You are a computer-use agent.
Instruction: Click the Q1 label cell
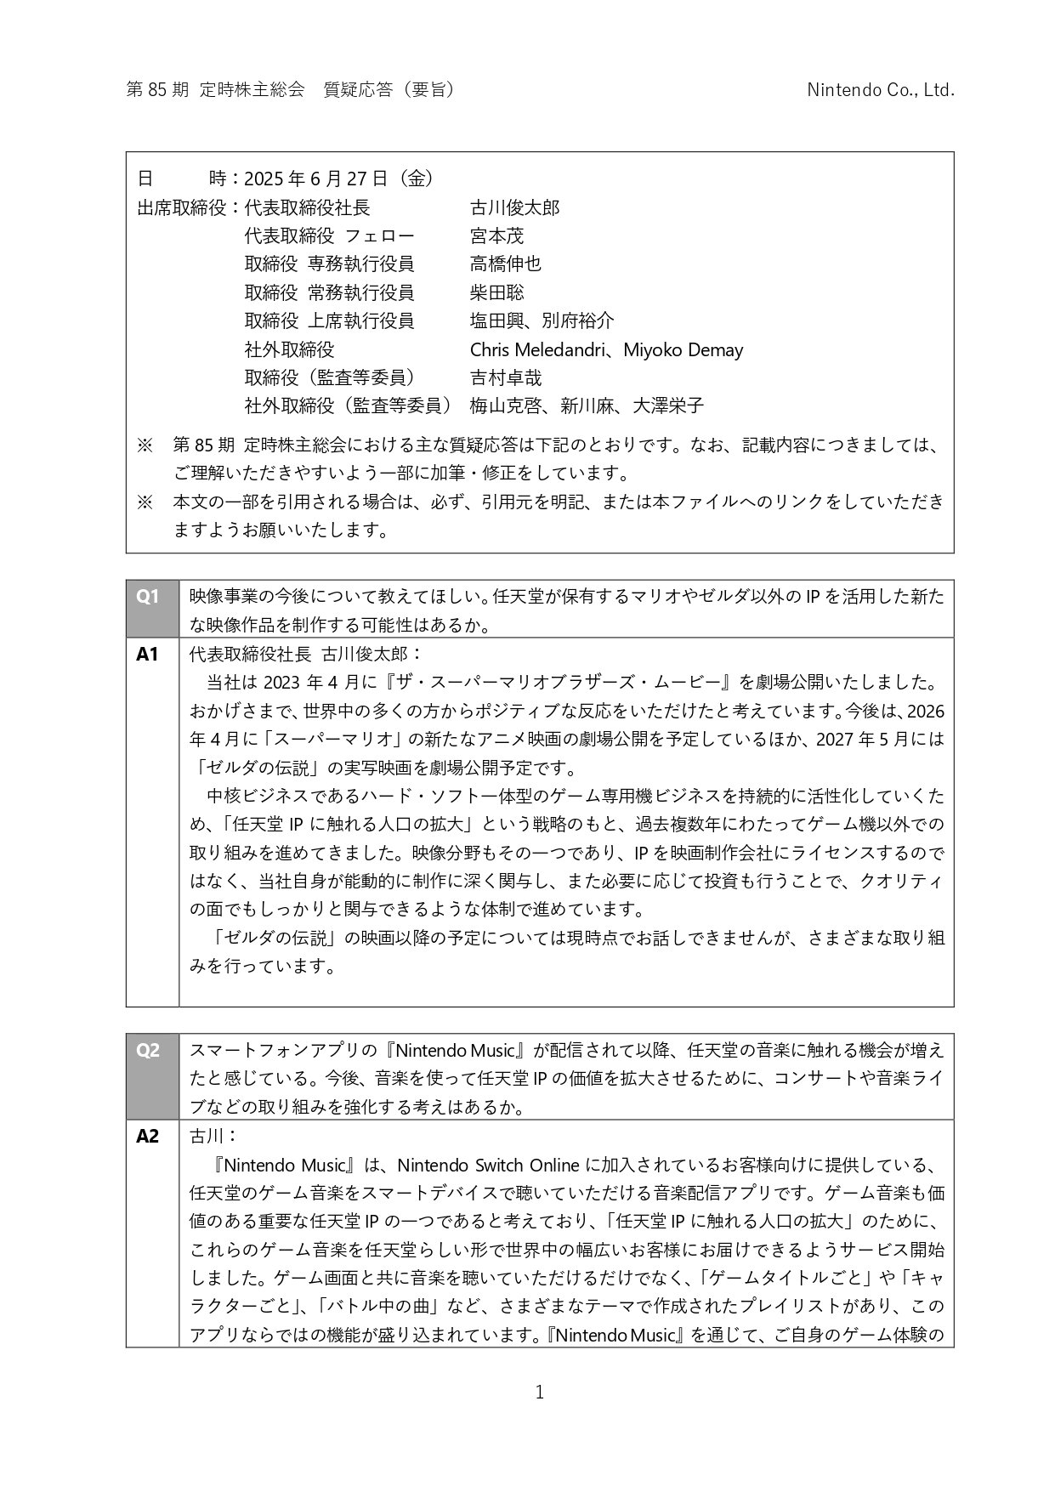click(148, 597)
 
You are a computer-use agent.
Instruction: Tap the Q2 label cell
click(148, 1050)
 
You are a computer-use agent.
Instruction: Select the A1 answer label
click(148, 654)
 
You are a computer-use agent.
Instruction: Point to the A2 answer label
click(148, 1136)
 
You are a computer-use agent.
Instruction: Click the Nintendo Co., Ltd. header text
click(880, 90)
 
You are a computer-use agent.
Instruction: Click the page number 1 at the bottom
click(539, 1392)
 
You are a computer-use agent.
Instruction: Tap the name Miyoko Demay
click(683, 349)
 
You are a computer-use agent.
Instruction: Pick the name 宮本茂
click(497, 235)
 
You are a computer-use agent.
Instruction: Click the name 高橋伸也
click(506, 264)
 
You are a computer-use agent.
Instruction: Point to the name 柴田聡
click(497, 292)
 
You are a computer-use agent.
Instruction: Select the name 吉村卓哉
click(506, 377)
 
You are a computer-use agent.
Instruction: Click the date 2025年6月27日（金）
click(339, 179)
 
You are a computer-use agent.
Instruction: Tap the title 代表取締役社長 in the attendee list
click(307, 207)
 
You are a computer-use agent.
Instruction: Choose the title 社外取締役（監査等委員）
click(348, 406)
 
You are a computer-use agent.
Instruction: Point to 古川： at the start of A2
click(212, 1136)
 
